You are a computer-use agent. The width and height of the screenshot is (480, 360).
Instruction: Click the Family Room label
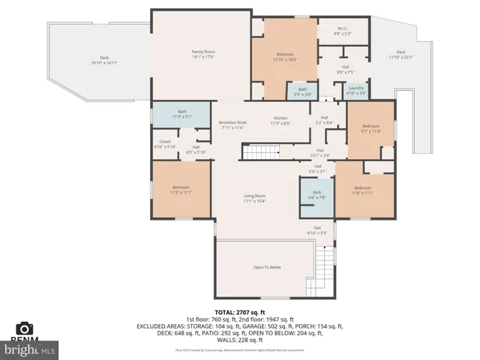[x=198, y=54]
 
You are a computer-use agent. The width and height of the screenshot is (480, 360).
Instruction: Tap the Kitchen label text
[x=280, y=121]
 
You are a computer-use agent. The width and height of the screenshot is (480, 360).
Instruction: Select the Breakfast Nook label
[x=233, y=124]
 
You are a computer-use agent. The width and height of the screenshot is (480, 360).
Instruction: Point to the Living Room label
[x=255, y=198]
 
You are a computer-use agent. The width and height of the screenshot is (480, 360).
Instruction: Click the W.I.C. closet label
[x=342, y=31]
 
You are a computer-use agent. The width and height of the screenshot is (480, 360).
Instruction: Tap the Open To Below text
[x=267, y=267]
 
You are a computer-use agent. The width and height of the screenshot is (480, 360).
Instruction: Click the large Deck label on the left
[x=104, y=61]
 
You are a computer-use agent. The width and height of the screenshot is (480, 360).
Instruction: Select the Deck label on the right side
[x=400, y=55]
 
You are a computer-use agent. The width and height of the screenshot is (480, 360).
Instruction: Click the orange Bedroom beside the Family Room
[x=284, y=56]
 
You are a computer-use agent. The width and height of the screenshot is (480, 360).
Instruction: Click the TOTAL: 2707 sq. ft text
[x=240, y=311]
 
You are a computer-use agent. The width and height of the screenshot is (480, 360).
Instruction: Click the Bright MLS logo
[x=30, y=349]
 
